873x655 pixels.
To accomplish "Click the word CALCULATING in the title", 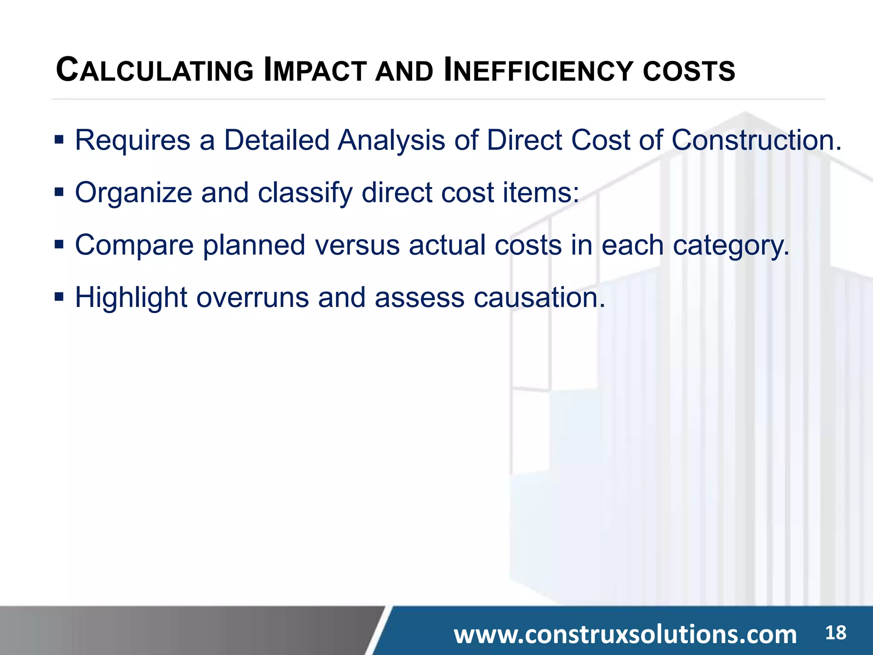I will tap(155, 70).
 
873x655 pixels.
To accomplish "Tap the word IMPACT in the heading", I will tap(315, 70).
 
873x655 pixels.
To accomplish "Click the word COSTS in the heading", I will tap(689, 71).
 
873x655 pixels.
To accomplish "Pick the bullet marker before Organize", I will tap(59, 192).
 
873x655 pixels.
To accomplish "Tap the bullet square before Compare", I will tap(59, 244).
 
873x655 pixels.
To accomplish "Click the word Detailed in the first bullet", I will tap(277, 140).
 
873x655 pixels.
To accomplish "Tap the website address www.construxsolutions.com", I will tap(625, 634).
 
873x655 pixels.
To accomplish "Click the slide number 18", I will tap(835, 632).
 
